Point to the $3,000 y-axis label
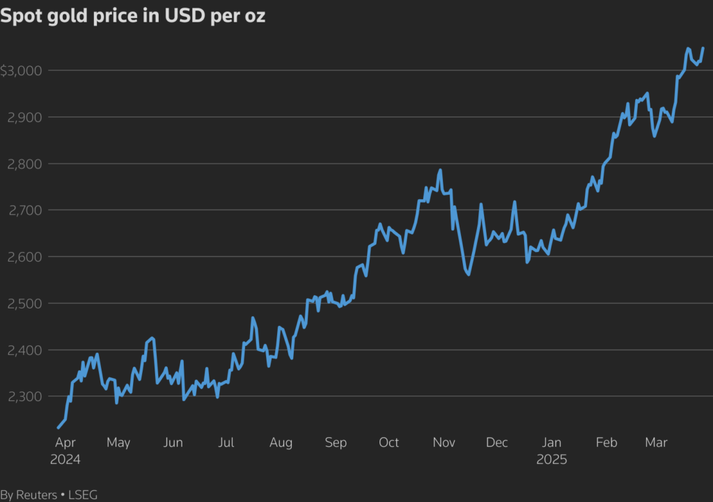(x=22, y=70)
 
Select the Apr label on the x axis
(x=65, y=443)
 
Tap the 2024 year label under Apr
(x=65, y=460)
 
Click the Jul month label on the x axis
(x=226, y=443)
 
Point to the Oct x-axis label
(x=389, y=443)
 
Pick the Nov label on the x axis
(x=444, y=443)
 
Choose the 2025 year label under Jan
(x=552, y=460)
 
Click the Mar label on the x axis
(x=657, y=443)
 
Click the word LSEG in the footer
(x=83, y=494)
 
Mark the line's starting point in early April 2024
(x=58, y=428)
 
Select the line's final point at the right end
(x=703, y=48)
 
